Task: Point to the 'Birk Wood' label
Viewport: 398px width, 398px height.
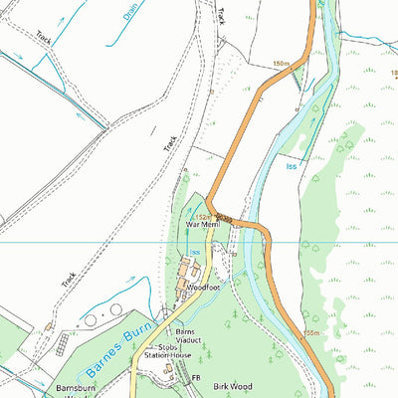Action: pos(231,383)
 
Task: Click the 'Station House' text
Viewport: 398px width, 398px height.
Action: pos(169,354)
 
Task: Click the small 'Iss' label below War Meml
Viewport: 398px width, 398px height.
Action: pos(195,253)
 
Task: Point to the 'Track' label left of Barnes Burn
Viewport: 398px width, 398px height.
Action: pos(68,281)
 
